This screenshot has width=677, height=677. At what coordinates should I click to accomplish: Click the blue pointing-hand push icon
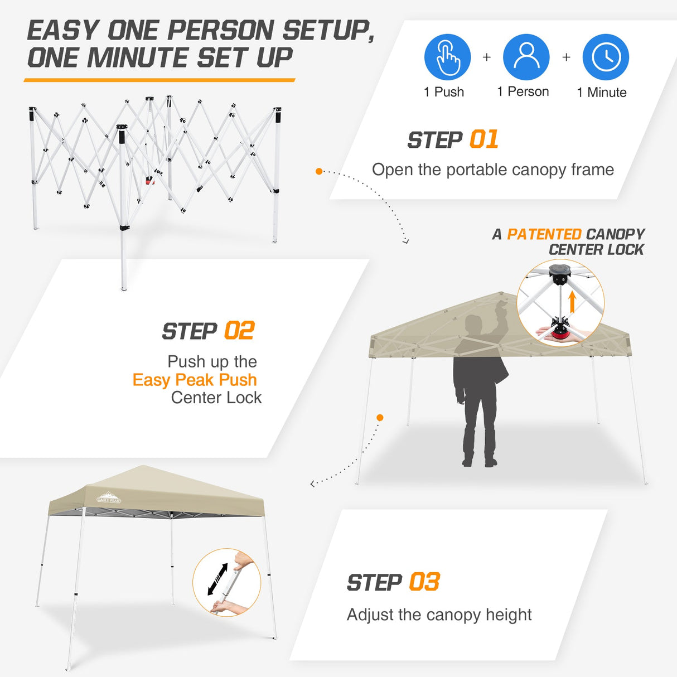click(x=447, y=57)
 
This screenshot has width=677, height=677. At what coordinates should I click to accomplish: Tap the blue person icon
click(x=526, y=57)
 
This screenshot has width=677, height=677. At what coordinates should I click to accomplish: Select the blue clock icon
click(x=606, y=57)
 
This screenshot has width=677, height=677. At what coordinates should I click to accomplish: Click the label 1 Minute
click(x=601, y=93)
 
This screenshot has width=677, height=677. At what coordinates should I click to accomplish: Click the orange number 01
click(x=483, y=140)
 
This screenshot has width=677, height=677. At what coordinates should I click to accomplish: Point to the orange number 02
click(x=239, y=331)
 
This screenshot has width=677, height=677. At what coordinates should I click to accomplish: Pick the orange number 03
click(x=424, y=582)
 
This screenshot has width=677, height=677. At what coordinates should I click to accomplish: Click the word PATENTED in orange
click(x=544, y=234)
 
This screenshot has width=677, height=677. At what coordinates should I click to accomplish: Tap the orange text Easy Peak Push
click(x=195, y=380)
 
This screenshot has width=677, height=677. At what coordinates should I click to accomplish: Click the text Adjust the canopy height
click(x=439, y=615)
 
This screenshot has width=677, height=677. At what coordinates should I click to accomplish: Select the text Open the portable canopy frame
click(x=492, y=170)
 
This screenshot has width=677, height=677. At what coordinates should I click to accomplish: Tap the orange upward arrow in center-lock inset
click(x=572, y=302)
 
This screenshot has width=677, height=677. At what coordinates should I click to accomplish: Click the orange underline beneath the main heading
click(x=159, y=80)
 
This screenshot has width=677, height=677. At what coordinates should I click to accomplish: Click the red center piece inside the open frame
click(x=149, y=180)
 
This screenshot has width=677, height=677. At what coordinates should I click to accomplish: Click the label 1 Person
click(x=523, y=92)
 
